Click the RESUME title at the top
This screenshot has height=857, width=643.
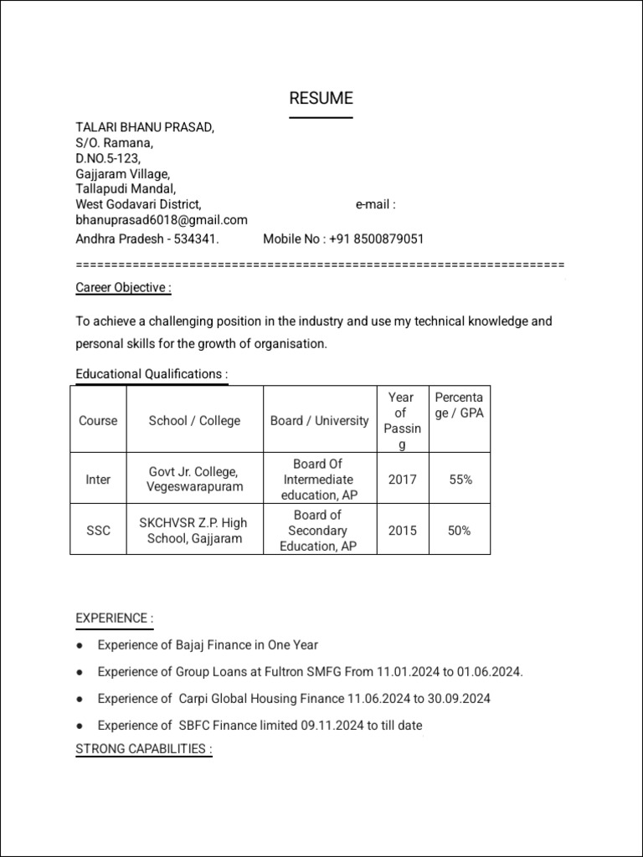click(x=321, y=98)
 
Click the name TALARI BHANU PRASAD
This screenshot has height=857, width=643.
click(x=145, y=127)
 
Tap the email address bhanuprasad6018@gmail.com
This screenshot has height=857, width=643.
click(x=162, y=219)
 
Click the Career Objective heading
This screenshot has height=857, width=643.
click(x=123, y=287)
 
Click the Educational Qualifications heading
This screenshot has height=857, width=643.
click(x=152, y=373)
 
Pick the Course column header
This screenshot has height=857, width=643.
click(x=98, y=420)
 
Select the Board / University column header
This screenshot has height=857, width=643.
click(x=319, y=420)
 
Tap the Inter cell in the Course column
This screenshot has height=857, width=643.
click(x=98, y=480)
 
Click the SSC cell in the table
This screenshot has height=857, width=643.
click(x=98, y=531)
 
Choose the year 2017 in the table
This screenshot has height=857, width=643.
click(x=402, y=480)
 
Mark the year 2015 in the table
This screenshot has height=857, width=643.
click(x=402, y=531)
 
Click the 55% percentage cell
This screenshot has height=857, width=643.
click(x=460, y=480)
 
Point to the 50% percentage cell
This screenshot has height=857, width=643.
click(x=460, y=531)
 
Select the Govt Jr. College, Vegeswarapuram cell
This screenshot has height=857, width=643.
click(x=194, y=480)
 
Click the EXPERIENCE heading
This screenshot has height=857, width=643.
click(x=115, y=618)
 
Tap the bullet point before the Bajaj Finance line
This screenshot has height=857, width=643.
click(x=79, y=645)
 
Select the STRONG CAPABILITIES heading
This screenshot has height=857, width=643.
click(x=144, y=748)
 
